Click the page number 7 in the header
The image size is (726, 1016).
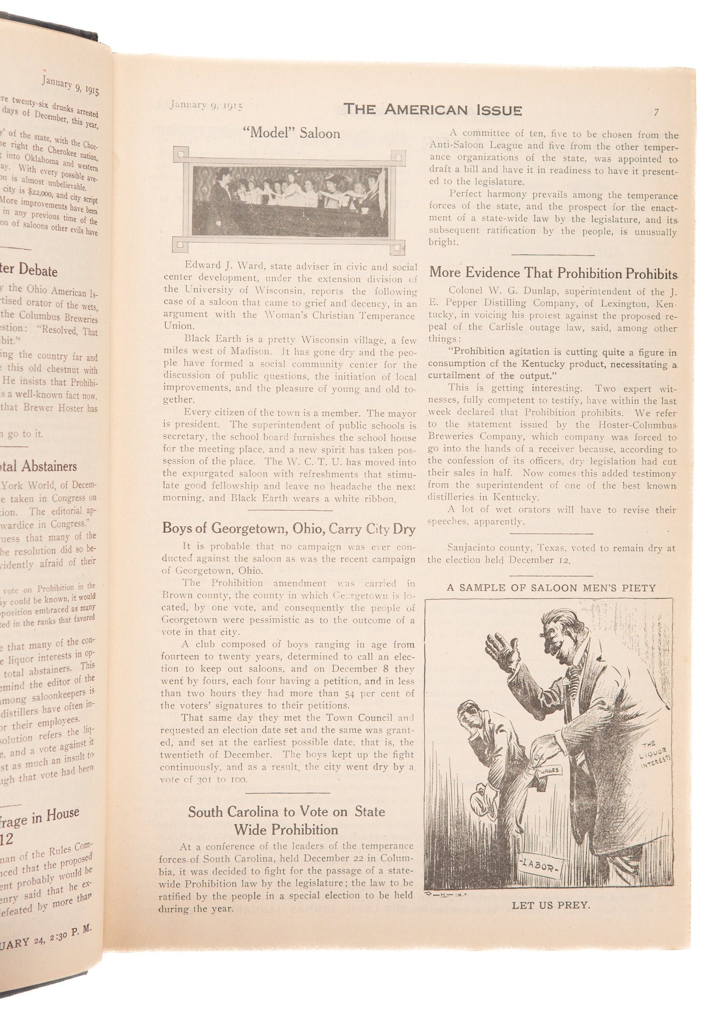pos(656,112)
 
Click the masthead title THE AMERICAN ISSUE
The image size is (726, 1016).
pos(433,110)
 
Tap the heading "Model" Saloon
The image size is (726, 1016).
pos(291,134)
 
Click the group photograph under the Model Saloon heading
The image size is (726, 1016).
pos(290,200)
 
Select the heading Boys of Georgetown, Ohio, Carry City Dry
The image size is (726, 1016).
pos(288,529)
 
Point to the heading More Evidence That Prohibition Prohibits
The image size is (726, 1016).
pos(553,273)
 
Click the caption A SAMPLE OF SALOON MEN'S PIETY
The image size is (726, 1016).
pos(551,588)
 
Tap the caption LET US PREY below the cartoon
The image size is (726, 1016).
pos(551,905)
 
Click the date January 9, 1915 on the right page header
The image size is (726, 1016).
pos(206,105)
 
